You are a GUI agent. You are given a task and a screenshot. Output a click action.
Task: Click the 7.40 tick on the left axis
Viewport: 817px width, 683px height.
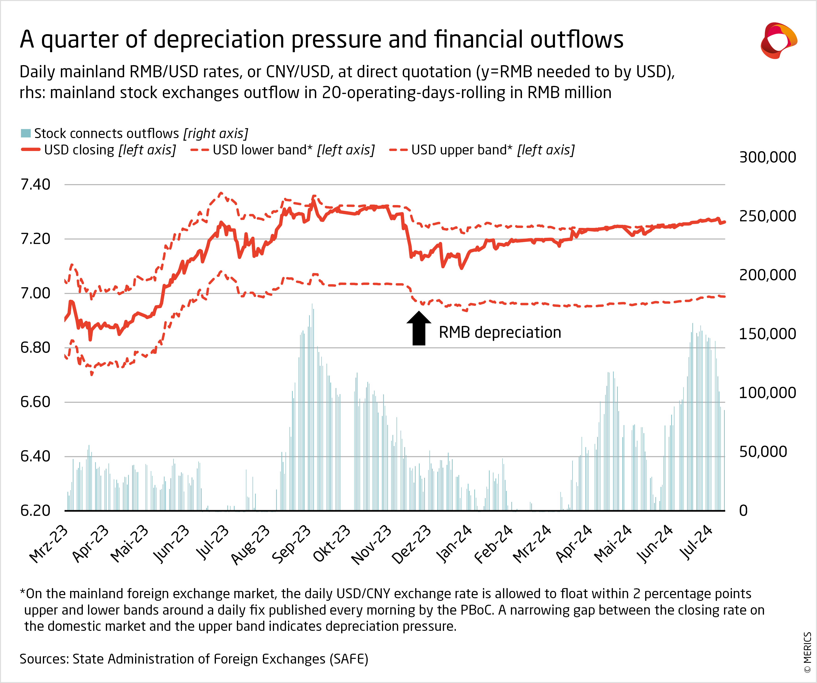[35, 184]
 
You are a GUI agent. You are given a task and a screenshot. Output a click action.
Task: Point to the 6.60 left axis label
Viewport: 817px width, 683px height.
[35, 402]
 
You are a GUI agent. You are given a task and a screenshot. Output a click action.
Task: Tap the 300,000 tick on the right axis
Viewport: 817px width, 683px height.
[767, 157]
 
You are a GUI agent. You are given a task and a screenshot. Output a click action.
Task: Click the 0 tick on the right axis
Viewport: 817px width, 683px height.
[743, 511]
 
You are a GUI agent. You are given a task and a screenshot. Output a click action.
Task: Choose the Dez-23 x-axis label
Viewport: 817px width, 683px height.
[411, 544]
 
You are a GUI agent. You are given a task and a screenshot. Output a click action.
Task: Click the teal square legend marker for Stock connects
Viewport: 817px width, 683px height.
[26, 133]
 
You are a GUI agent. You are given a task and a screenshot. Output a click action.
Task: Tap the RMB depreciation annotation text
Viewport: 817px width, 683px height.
[500, 332]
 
